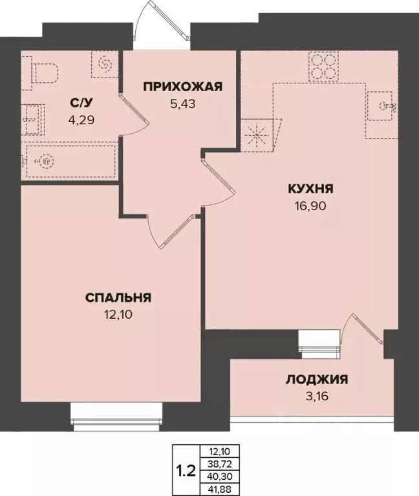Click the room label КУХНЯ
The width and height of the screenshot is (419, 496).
tap(310, 189)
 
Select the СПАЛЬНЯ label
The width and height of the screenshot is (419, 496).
tap(118, 297)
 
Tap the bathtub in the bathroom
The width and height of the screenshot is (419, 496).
tap(68, 161)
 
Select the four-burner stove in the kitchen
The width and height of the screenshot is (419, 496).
tap(323, 64)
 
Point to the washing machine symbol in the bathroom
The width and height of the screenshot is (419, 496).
tap(105, 64)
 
